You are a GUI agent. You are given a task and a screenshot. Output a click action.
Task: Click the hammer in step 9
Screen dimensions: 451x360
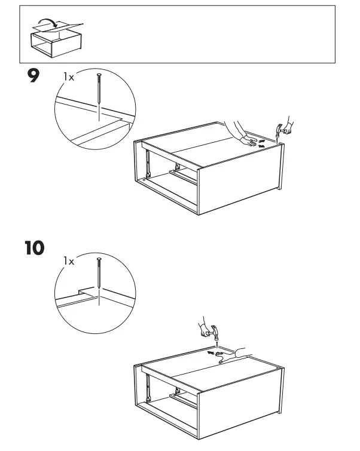pyautogui.click(x=281, y=128)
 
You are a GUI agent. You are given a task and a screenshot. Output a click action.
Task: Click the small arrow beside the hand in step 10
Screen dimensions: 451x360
pyautogui.click(x=209, y=352)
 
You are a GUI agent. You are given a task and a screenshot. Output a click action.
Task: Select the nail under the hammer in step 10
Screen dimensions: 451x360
pyautogui.click(x=215, y=342)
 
